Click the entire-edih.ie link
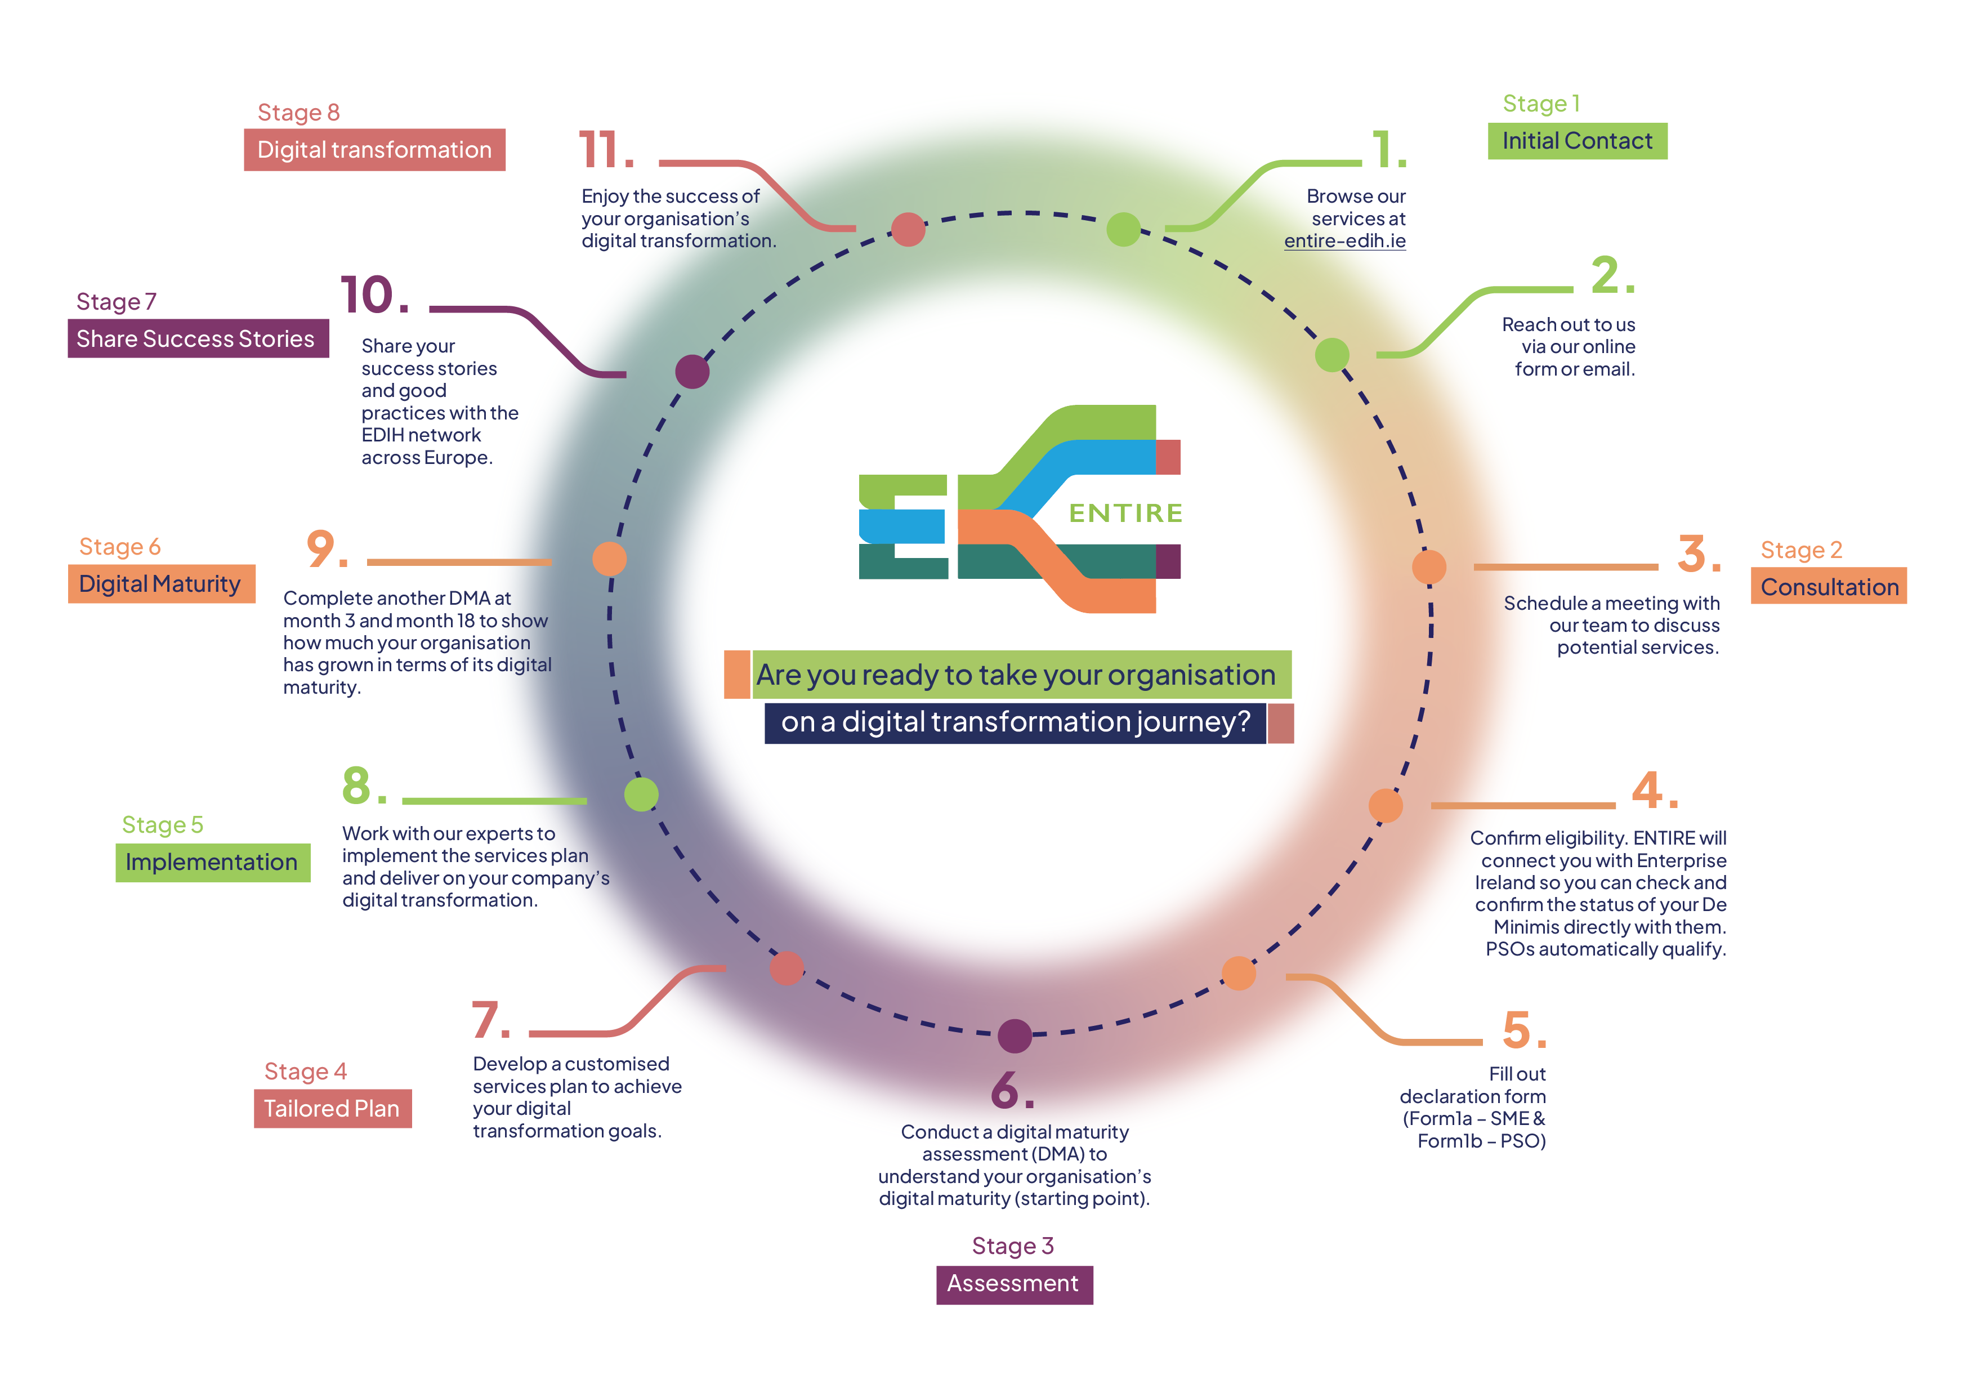click(x=1344, y=242)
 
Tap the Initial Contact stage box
click(x=1578, y=141)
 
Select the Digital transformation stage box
click(x=374, y=150)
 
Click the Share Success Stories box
click(x=198, y=339)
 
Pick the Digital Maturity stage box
click(x=162, y=584)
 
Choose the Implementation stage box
click(x=212, y=862)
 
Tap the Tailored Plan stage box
click(x=333, y=1109)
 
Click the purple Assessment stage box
click(x=1014, y=1284)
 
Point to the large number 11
click(x=606, y=150)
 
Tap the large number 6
click(x=1012, y=1090)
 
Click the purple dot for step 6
click(x=1015, y=1036)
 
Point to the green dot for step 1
click(x=1123, y=229)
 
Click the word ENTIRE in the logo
click(x=1125, y=514)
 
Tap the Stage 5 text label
click(x=163, y=825)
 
